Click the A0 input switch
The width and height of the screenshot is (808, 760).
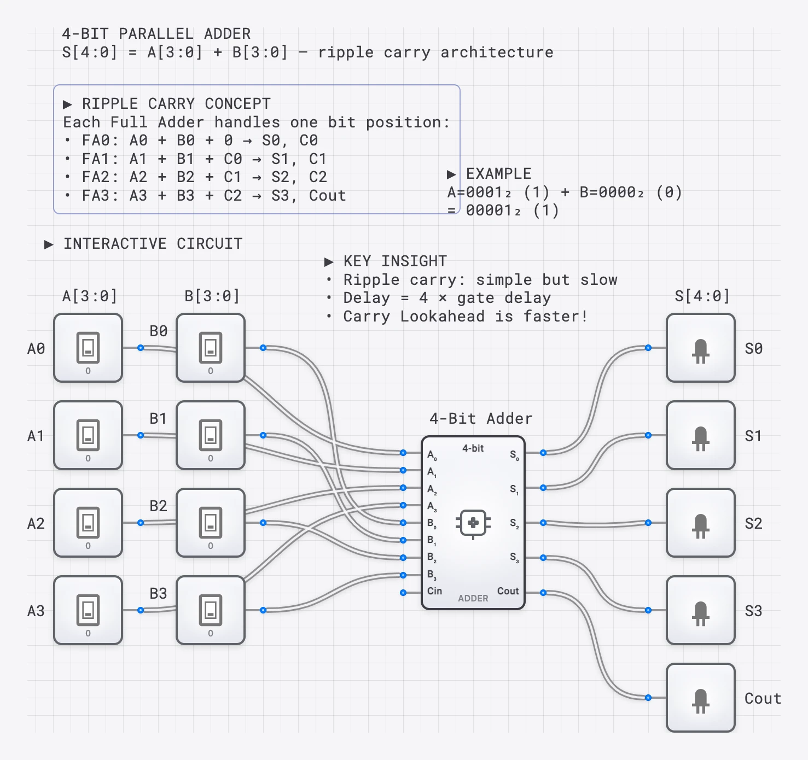(x=88, y=348)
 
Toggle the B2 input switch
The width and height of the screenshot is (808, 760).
(x=211, y=523)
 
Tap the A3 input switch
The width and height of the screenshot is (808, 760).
(x=88, y=610)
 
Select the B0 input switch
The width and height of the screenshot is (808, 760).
(x=211, y=348)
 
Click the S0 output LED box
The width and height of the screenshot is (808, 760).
(x=700, y=348)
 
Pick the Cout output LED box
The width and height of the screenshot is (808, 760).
(x=700, y=698)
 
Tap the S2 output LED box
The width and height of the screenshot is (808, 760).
(x=700, y=523)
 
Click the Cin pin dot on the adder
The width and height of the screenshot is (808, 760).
(x=403, y=593)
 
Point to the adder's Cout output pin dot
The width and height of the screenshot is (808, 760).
(x=543, y=593)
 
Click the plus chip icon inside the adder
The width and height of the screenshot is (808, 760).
(x=473, y=523)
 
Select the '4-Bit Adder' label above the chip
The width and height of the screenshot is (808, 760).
(x=481, y=419)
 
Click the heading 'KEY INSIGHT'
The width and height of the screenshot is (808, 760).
(x=394, y=261)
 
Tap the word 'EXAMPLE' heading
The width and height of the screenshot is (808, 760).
(x=498, y=174)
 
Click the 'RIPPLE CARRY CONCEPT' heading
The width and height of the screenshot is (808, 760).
(x=176, y=104)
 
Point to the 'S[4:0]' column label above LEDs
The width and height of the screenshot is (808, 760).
(x=702, y=296)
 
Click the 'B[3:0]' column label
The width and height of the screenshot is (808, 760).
(x=212, y=296)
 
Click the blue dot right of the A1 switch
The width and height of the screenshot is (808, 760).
(x=141, y=435)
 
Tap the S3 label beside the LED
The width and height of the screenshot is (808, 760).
(x=753, y=611)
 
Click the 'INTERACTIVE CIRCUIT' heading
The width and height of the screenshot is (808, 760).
(x=153, y=244)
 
